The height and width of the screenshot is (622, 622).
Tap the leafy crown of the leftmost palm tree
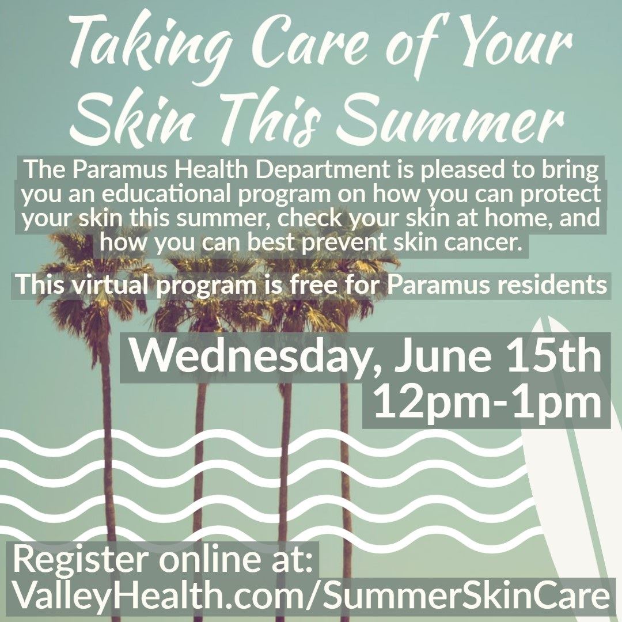click(x=92, y=271)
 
